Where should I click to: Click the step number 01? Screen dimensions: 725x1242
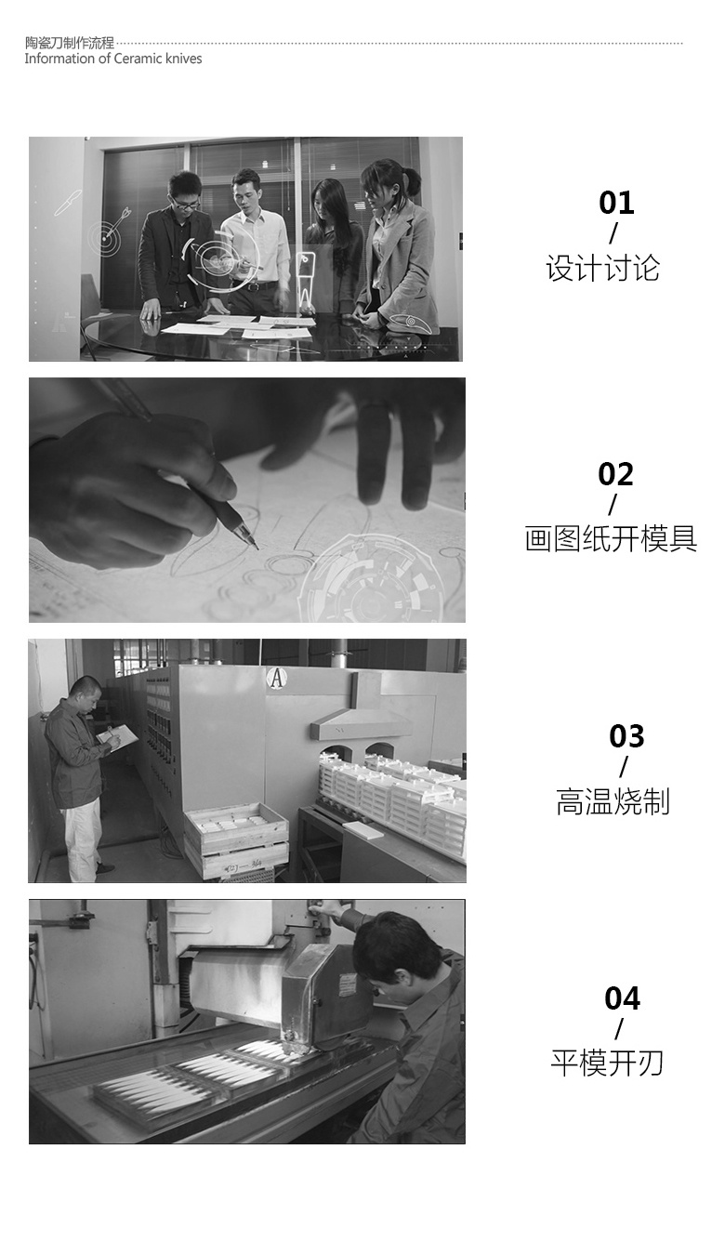(x=616, y=203)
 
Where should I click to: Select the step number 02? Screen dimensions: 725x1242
(x=615, y=474)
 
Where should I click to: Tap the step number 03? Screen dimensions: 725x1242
(x=626, y=736)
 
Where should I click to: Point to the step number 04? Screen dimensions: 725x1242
(x=622, y=998)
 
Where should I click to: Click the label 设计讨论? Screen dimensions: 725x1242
(x=603, y=269)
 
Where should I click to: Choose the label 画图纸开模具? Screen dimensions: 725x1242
(x=611, y=538)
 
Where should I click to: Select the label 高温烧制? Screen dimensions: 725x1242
(x=613, y=801)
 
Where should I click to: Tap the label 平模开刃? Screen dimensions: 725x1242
(x=607, y=1063)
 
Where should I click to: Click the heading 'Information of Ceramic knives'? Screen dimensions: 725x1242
(x=113, y=59)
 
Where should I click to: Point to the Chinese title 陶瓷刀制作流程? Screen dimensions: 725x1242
(x=70, y=43)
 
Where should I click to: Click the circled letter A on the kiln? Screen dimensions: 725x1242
(x=275, y=678)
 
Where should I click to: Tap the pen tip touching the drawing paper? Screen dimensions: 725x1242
(x=257, y=548)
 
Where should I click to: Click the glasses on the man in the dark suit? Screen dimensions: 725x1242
(x=186, y=204)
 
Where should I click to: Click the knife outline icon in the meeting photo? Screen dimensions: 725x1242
(x=68, y=202)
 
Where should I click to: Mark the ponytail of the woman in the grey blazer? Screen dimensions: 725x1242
(x=411, y=180)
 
